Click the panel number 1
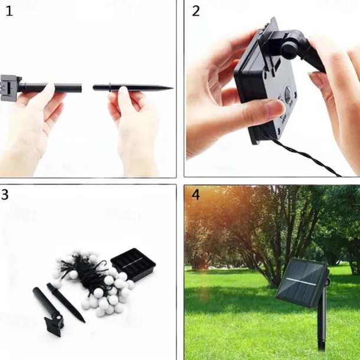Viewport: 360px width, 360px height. coord(9,11)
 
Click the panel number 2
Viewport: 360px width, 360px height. coord(195,11)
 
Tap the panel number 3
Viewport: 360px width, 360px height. coord(5,195)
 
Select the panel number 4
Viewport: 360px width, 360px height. coord(195,195)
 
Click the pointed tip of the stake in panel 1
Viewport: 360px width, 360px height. coord(172,88)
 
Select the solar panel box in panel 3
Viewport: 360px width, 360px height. coord(133,264)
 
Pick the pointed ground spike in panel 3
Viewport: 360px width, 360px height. coord(66,303)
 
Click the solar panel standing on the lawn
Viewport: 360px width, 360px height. coord(302,283)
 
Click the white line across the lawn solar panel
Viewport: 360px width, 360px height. coord(301,282)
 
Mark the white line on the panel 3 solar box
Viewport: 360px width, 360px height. coord(132,263)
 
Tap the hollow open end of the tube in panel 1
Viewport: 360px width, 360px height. coord(81,88)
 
